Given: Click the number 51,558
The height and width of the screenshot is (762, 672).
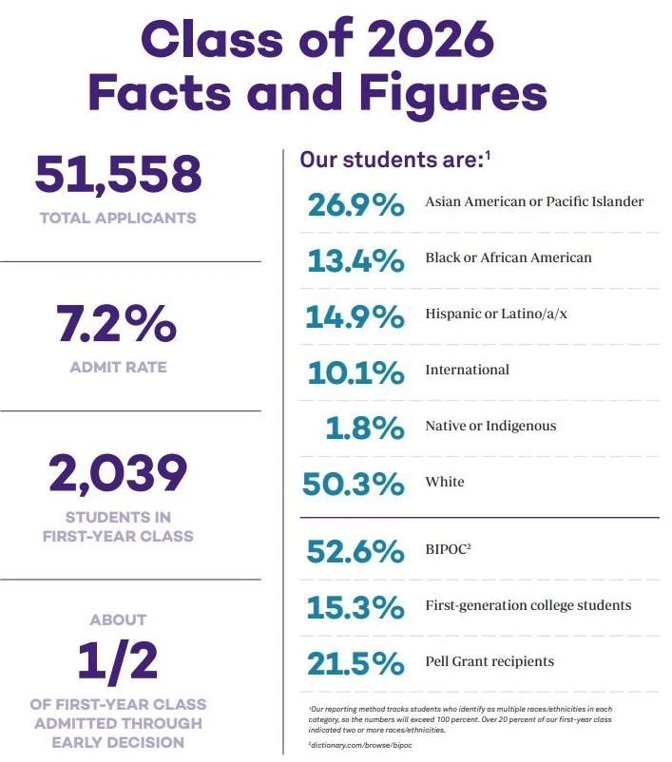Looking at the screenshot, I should click(x=118, y=175).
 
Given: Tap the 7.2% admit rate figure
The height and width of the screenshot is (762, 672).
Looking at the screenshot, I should click(x=117, y=325).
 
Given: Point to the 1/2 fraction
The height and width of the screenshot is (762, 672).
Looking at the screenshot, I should click(x=118, y=663).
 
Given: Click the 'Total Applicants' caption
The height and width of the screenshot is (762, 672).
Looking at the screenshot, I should click(x=118, y=218).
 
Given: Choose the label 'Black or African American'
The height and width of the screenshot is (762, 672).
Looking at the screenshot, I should click(x=509, y=257).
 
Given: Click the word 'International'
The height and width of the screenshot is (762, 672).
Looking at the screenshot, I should click(x=467, y=370).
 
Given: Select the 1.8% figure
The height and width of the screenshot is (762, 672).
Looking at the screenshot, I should click(x=365, y=428).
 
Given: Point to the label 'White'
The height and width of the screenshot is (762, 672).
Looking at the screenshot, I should click(x=445, y=482).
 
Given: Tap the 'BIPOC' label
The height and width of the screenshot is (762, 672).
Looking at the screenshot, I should click(x=447, y=549).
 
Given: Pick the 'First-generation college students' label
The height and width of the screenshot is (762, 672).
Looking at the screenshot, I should click(x=528, y=605).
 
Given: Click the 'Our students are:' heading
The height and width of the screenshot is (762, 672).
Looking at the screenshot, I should click(x=392, y=160).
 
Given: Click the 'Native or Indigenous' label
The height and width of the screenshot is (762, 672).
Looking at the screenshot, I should click(x=490, y=426).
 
